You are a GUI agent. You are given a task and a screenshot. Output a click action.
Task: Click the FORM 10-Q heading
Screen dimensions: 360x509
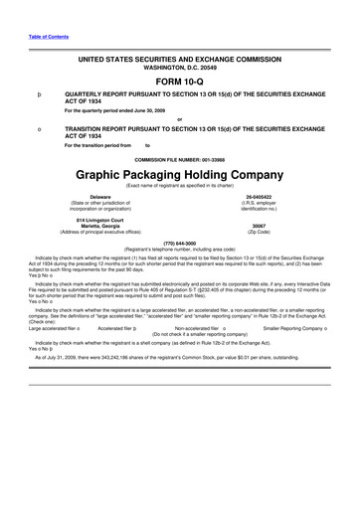(179, 82)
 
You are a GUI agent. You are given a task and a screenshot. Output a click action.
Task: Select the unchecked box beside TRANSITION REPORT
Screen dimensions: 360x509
(36, 130)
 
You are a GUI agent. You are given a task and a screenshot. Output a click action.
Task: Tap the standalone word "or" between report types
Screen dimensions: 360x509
(179, 120)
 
